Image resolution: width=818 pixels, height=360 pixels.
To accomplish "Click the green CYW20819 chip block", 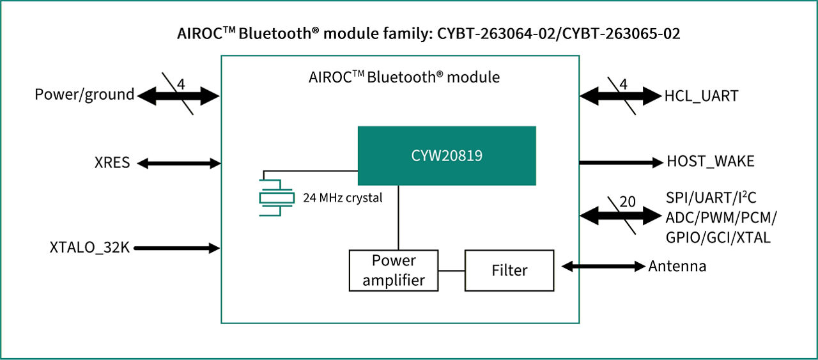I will coord(446,156).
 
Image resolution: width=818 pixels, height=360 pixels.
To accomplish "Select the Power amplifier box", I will coord(394,270).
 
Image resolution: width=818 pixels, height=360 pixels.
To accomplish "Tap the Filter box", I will coord(509,270).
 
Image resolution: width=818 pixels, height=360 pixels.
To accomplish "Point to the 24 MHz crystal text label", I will coord(343,198).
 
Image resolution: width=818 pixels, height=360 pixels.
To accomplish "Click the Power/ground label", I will coord(84,95).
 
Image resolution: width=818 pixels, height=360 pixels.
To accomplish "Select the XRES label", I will coord(112,163).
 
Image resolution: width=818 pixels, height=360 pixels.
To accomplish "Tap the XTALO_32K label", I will coord(89,247).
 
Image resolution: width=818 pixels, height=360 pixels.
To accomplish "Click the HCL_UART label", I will coord(701,97).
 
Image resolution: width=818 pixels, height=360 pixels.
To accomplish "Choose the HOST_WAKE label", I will coord(710,162).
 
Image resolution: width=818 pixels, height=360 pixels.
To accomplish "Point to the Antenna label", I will coord(677,267).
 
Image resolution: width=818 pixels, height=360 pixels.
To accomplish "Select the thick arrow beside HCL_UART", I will coord(620,97).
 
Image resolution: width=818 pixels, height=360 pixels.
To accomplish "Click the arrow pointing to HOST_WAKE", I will coord(621,162).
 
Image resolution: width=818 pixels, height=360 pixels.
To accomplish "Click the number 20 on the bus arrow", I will coord(628,201).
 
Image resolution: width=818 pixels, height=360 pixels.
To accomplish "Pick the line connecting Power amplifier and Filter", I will coord(451,270).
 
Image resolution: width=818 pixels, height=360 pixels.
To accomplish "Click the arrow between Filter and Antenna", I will coord(600,267).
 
